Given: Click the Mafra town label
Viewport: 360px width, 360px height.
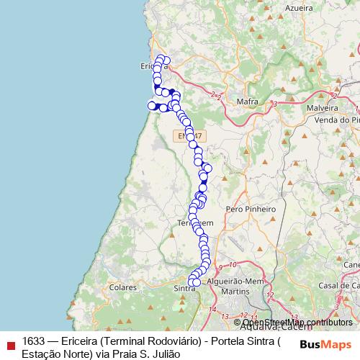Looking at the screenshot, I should pyautogui.click(x=248, y=102).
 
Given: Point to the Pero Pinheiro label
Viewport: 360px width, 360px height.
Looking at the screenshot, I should pyautogui.click(x=251, y=209).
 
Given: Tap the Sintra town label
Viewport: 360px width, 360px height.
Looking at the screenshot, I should pyautogui.click(x=185, y=288).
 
